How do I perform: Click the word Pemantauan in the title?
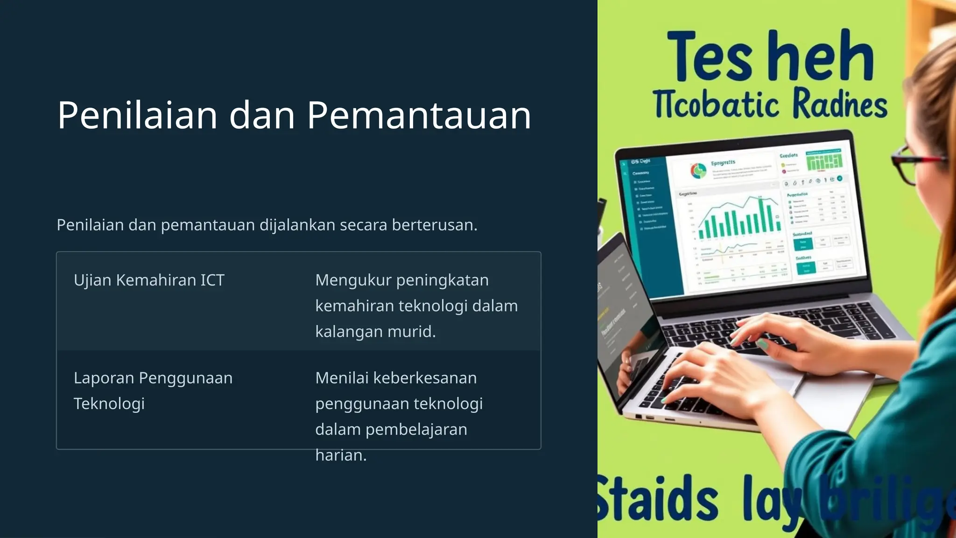pos(419,115)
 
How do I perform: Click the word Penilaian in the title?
pos(137,115)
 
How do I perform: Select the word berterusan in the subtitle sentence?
pos(434,225)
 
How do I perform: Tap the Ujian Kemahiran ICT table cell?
pos(149,280)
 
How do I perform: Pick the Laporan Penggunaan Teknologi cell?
pos(153,390)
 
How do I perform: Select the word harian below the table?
pos(340,455)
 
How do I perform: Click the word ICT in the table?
pos(212,280)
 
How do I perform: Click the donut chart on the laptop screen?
pos(698,171)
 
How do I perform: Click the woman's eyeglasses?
pos(915,163)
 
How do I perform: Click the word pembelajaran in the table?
pos(416,429)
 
